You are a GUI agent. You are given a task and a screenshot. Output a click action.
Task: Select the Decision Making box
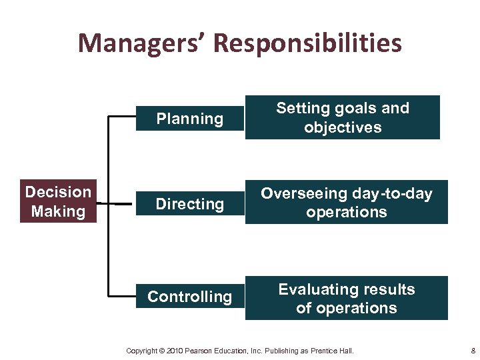click(58, 201)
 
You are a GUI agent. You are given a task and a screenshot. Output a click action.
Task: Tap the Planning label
click(189, 119)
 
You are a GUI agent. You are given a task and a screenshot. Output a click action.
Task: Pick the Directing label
click(189, 203)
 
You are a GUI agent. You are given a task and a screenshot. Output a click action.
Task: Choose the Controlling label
click(189, 297)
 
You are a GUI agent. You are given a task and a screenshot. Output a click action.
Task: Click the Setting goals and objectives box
click(343, 117)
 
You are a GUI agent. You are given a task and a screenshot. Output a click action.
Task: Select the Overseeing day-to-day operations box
click(346, 202)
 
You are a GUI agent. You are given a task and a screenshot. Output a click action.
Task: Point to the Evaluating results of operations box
click(346, 298)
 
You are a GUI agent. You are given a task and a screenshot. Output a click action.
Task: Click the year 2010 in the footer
click(174, 351)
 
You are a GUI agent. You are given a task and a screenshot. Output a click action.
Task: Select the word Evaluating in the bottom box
click(313, 289)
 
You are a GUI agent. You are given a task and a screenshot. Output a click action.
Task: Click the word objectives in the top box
click(343, 127)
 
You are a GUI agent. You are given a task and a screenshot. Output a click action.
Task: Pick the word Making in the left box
click(58, 212)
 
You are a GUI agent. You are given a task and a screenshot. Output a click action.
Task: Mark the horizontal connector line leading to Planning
click(124, 117)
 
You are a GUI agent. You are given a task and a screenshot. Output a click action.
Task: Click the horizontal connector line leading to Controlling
click(124, 295)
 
